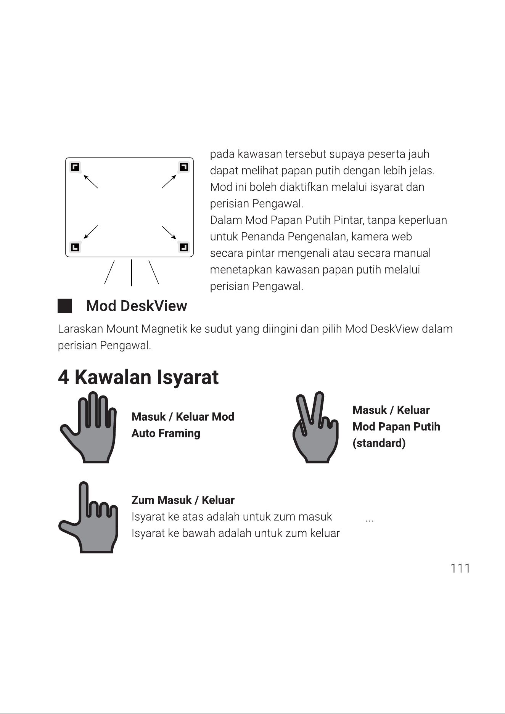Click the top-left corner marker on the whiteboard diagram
coord(75,167)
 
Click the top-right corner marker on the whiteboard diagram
coord(184,167)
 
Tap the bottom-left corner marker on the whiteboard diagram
coord(75,247)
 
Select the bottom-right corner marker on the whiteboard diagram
coord(184,247)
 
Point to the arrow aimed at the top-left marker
coord(91,181)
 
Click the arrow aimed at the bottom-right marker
coord(169,233)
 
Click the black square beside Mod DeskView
coord(64,306)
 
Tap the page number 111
coord(460,568)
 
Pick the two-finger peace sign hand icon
coord(315,428)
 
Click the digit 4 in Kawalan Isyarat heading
coord(63,377)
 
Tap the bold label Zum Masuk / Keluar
coord(183,500)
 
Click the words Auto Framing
coord(166,433)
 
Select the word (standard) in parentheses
coord(379,443)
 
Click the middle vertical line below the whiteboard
coord(132,273)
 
